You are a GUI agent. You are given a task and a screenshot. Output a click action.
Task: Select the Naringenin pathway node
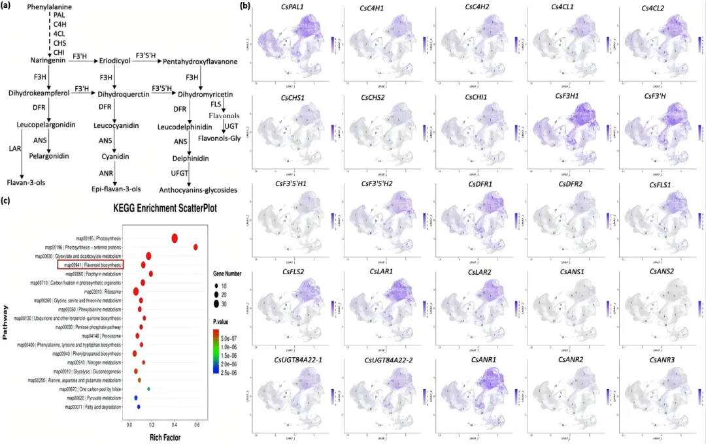[48, 60]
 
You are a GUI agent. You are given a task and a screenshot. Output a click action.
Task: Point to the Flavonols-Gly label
[222, 138]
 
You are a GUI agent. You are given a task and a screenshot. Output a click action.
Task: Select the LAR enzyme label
[14, 148]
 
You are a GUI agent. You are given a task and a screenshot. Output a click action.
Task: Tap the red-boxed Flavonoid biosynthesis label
[91, 265]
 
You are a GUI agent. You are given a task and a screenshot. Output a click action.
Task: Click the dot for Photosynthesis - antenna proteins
[195, 247]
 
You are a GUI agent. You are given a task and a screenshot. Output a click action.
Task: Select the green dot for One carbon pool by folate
[150, 388]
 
